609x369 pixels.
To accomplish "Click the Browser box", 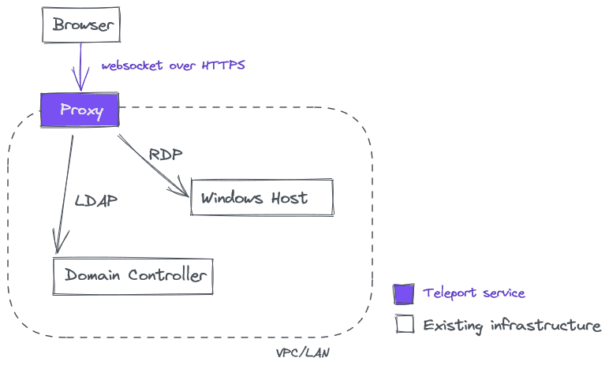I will click(x=80, y=24).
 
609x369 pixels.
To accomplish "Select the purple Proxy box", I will click(x=80, y=110).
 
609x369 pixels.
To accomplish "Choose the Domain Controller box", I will click(x=133, y=276).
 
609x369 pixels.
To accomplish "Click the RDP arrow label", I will click(x=166, y=155).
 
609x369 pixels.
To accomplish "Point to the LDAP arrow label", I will click(x=96, y=200).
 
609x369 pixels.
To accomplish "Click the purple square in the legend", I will click(x=404, y=294).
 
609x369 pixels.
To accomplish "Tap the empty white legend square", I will click(x=405, y=324).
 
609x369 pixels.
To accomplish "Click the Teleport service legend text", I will click(x=473, y=293).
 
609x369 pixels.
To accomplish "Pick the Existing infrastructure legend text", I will click(x=512, y=325).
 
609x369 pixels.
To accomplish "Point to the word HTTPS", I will click(x=223, y=65).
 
